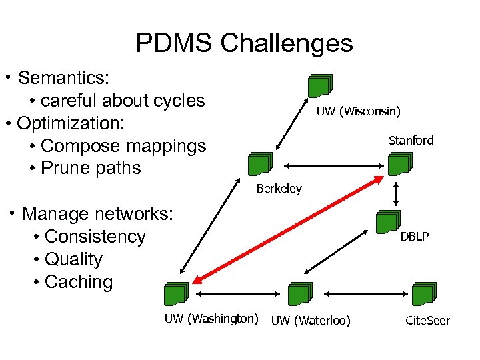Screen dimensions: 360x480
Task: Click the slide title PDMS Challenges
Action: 244,43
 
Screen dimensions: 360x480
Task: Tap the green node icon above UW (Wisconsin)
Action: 319,85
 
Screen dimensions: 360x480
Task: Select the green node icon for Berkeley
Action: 259,165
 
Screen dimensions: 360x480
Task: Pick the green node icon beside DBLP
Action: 387,222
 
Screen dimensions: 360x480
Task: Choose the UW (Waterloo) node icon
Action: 299,294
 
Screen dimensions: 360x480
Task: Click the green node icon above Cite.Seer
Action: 423,294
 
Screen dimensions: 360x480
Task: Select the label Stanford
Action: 411,140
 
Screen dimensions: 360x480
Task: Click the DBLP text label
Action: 414,237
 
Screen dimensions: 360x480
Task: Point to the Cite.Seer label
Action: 427,321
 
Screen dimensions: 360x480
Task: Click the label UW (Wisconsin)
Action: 358,111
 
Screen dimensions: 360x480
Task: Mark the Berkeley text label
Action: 279,189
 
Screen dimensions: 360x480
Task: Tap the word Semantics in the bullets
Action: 63,78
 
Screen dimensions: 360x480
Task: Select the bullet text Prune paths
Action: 91,168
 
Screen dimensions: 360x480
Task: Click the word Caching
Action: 79,282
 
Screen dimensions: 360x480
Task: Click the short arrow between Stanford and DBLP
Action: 397,193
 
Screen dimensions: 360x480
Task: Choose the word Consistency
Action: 95,237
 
